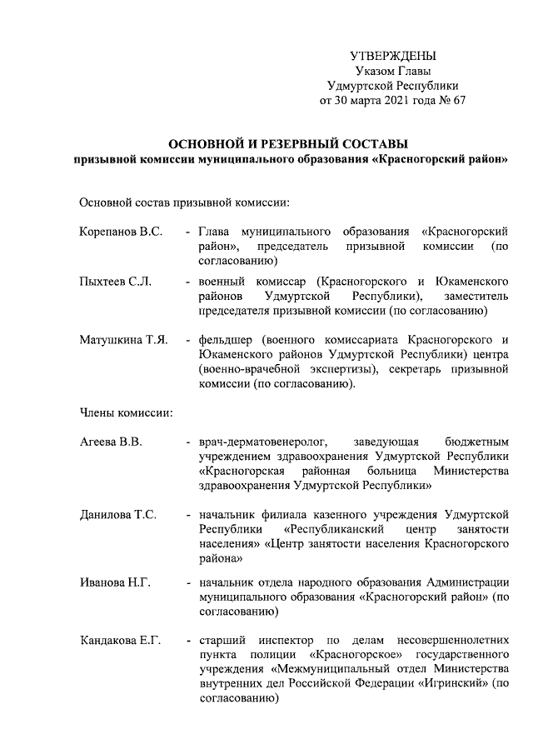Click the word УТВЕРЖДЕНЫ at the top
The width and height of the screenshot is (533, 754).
pos(393,57)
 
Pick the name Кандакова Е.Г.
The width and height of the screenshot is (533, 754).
pos(120,640)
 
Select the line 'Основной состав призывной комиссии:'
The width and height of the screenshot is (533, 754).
pos(184,202)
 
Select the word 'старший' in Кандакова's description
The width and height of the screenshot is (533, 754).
pos(222,640)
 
